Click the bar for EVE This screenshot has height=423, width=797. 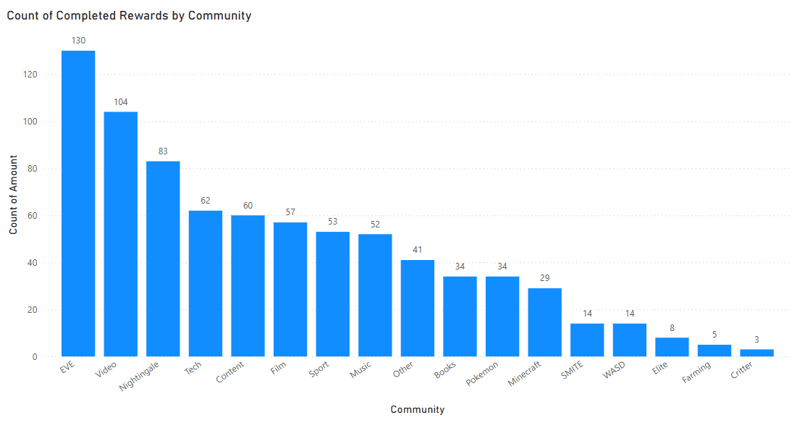tap(78, 204)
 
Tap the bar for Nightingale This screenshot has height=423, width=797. tap(163, 259)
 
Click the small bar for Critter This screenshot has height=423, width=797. tap(756, 353)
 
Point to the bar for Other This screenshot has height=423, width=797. tap(418, 308)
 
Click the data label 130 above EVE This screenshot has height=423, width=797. tap(78, 41)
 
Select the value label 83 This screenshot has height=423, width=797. tap(163, 151)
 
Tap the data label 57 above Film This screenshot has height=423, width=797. tap(290, 212)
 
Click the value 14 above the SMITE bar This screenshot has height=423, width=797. tap(587, 314)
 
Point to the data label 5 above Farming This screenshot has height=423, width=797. tap(714, 335)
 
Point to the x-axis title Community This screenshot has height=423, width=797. tap(417, 409)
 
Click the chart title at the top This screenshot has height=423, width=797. tap(130, 15)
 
